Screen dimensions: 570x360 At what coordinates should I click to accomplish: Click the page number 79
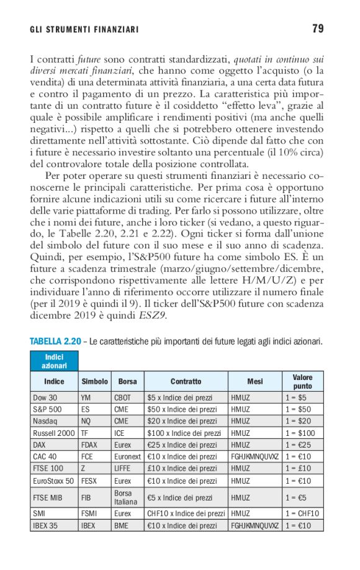pos(318,29)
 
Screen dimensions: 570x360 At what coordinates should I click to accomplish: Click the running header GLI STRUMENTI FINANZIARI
pos(84,30)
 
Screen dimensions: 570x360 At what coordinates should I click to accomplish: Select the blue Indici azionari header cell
pos(54,361)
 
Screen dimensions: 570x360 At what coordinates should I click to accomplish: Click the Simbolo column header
pos(94,381)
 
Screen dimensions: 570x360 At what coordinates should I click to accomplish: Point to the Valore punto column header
pos(302,381)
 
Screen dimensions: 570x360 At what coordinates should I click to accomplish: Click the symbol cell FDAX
pos(90,445)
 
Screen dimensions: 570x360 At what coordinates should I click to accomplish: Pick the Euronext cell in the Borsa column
pos(128,457)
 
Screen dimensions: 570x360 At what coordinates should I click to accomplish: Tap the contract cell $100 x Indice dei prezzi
pos(183,433)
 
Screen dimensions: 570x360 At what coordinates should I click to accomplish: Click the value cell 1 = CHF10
pos(302,513)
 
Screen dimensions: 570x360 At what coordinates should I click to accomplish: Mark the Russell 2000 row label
pos(53,433)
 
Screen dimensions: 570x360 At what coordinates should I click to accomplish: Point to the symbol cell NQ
pos(86,421)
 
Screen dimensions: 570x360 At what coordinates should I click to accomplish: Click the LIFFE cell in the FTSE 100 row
pos(123,469)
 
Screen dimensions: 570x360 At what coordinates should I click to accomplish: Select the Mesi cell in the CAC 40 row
pos(254,457)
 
